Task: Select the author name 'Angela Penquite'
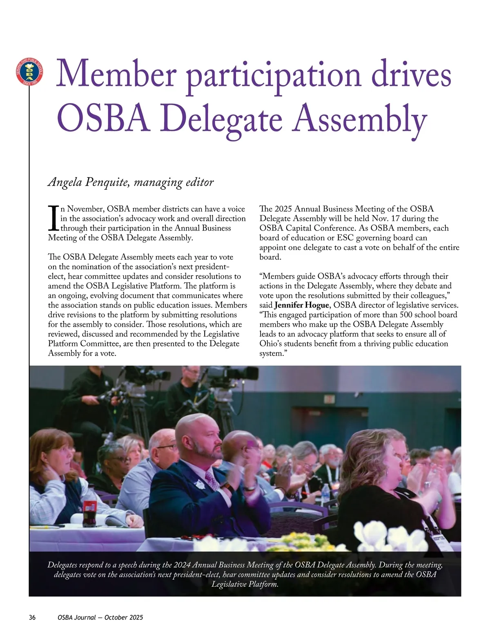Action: [x=88, y=182]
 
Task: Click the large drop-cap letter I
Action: [x=53, y=218]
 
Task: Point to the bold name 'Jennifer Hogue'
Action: [x=301, y=305]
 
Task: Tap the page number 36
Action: [x=32, y=617]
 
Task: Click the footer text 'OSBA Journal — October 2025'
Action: [x=100, y=617]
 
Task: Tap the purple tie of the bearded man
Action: [x=212, y=481]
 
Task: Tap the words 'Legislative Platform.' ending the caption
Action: [x=245, y=584]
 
